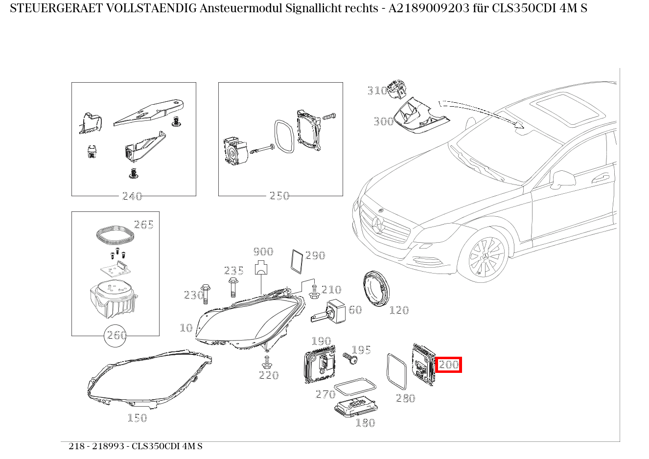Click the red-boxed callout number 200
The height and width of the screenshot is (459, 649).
[448, 365]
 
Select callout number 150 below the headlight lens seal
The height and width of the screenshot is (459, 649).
[137, 417]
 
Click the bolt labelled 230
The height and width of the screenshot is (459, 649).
[206, 293]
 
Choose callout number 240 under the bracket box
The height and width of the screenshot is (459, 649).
[132, 196]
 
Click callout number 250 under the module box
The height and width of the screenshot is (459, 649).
[279, 196]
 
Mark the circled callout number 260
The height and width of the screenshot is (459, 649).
[116, 336]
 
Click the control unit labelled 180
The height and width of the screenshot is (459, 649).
[355, 407]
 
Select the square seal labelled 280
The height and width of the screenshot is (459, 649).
[396, 371]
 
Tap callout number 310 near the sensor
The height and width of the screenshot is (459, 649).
[377, 91]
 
